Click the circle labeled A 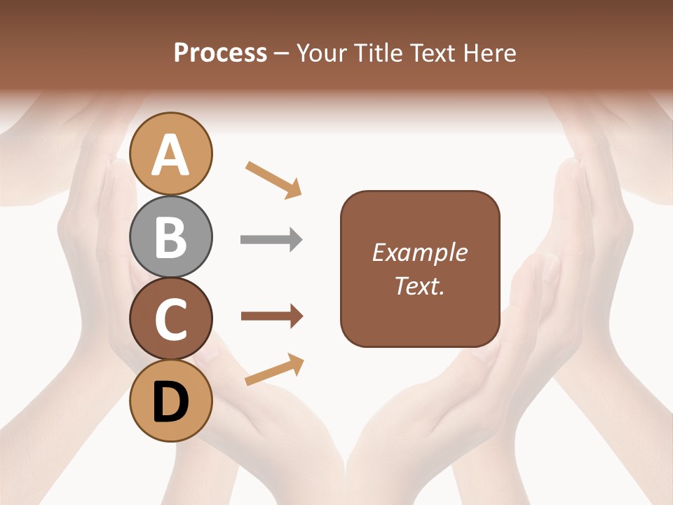coord(171,154)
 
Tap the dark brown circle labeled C coord(171,318)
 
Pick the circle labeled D coord(171,401)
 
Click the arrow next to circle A coord(273,179)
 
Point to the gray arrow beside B coord(271,240)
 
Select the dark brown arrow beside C coord(272,316)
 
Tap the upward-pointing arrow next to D coord(274,370)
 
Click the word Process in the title coord(220,53)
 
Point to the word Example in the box coord(419,252)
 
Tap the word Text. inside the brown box coord(419,286)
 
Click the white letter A coord(171,155)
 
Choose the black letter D coord(171,403)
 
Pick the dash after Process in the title coord(282,54)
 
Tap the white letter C coord(171,319)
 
